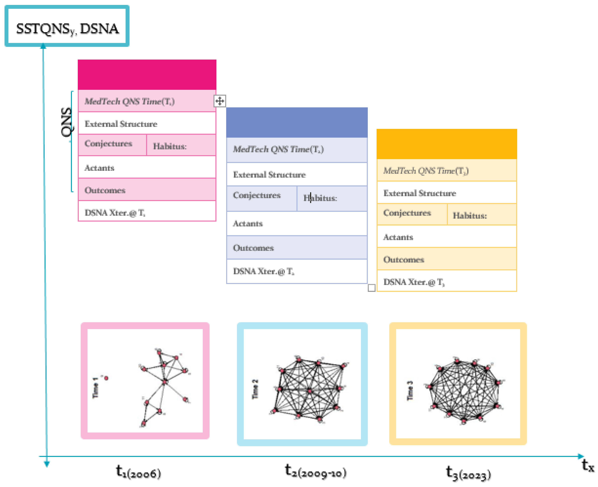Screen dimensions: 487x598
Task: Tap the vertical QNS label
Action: [x=67, y=122]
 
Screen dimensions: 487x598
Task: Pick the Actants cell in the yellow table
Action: [x=446, y=237]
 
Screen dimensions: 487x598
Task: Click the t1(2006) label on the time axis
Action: [x=138, y=472]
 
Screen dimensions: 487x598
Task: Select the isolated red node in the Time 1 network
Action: [x=106, y=378]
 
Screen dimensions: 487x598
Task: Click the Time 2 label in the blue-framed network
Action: [x=255, y=389]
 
